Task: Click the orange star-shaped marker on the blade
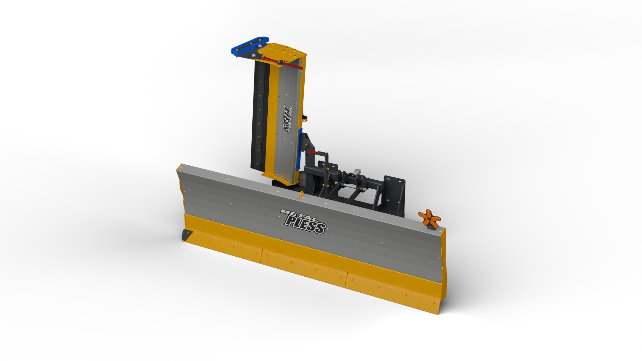429,219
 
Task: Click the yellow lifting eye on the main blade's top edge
302,195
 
